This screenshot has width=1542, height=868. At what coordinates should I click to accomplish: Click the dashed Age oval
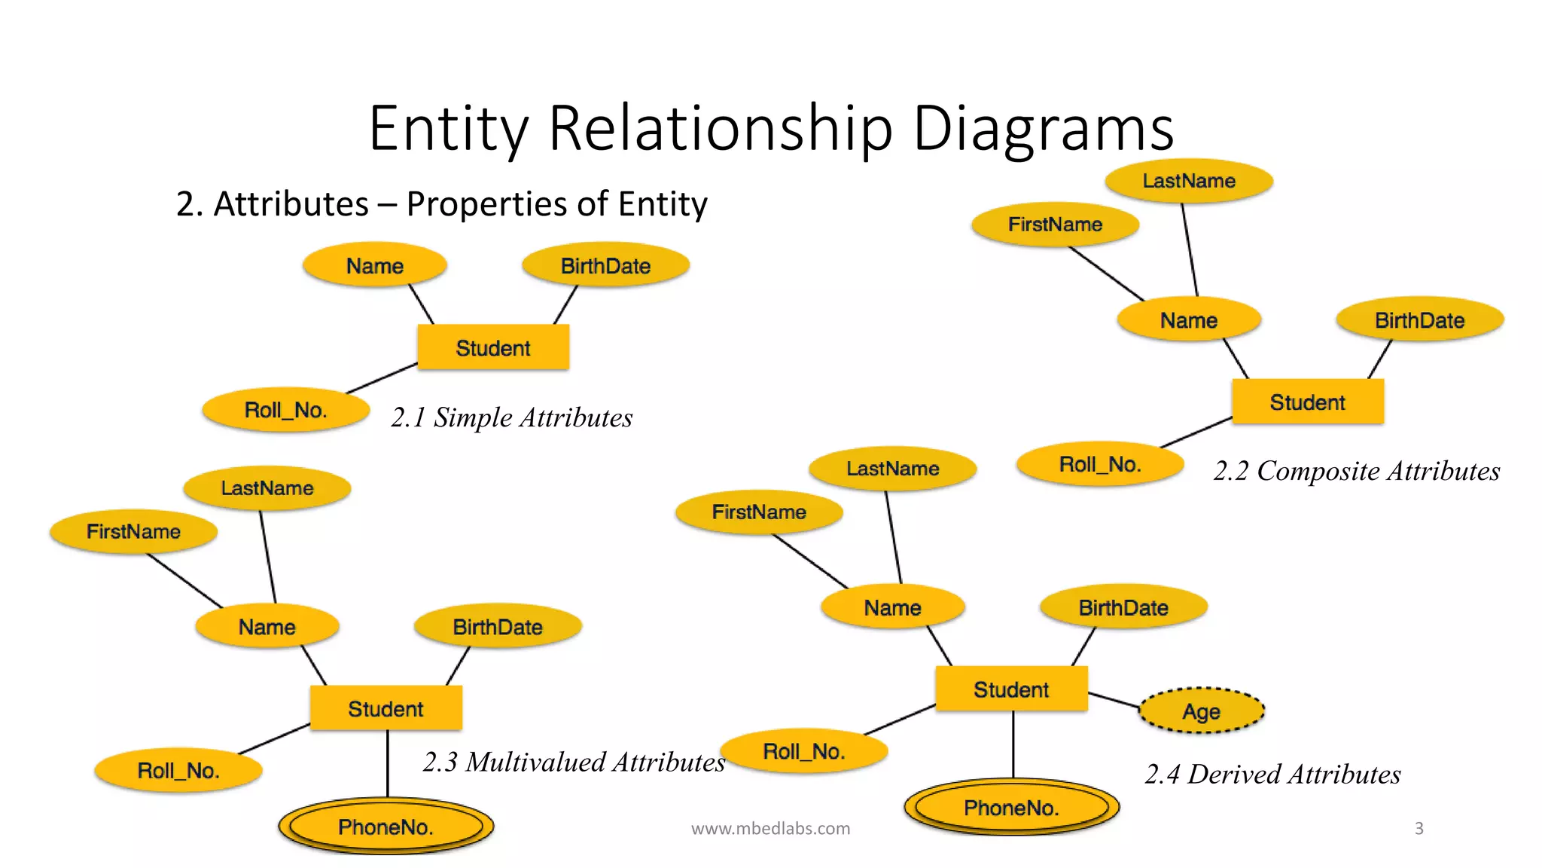click(x=1201, y=711)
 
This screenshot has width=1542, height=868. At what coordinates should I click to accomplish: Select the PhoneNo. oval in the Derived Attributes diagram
click(x=1011, y=807)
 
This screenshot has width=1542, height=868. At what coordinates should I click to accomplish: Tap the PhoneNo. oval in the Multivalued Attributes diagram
click(x=385, y=827)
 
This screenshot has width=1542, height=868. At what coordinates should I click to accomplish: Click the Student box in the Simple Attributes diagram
click(x=493, y=347)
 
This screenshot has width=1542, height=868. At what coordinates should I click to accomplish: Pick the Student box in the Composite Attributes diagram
click(x=1307, y=402)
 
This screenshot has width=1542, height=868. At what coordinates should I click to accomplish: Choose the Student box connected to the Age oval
click(x=1011, y=689)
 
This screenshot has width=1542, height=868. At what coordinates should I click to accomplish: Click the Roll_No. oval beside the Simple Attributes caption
click(x=285, y=410)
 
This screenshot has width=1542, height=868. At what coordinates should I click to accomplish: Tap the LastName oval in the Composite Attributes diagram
click(x=1189, y=181)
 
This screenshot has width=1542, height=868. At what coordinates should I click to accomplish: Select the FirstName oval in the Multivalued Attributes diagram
click(x=133, y=531)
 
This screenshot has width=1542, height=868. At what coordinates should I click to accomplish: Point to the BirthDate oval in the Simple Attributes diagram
click(x=605, y=265)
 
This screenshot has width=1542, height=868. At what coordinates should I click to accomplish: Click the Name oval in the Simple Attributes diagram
click(x=374, y=265)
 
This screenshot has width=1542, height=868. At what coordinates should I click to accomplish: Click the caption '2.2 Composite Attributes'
click(x=1356, y=471)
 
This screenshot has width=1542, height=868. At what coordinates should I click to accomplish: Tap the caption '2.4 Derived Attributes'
click(x=1272, y=774)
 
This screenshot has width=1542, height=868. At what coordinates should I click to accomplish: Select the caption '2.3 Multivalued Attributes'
click(x=574, y=762)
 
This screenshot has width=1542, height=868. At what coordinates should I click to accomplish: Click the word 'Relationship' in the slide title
click(x=721, y=128)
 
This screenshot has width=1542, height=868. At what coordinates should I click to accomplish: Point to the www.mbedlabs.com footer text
click(x=770, y=828)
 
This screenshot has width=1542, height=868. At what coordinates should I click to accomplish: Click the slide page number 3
click(x=1419, y=828)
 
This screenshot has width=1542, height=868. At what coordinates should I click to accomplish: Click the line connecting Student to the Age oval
click(x=1114, y=700)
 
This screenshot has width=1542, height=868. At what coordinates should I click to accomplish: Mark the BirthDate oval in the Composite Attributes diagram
click(x=1419, y=319)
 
